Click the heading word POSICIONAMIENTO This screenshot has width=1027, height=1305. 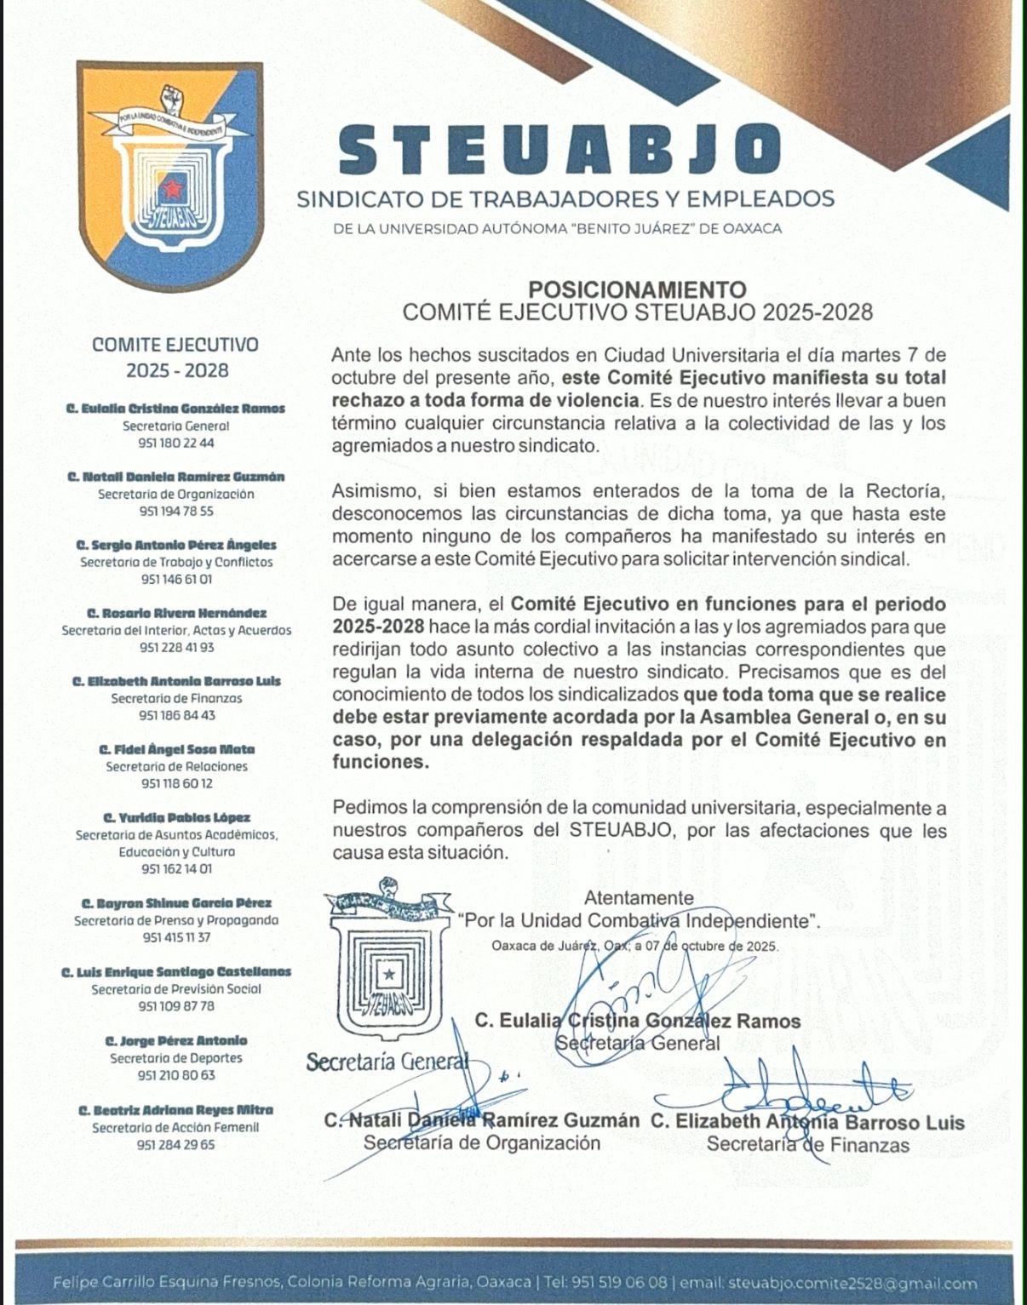(x=637, y=289)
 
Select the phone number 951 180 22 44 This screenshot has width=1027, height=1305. (x=176, y=444)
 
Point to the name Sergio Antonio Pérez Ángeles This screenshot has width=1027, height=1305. (x=176, y=545)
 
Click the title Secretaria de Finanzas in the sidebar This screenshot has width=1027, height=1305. (x=176, y=698)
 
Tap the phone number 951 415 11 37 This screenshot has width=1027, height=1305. (x=176, y=937)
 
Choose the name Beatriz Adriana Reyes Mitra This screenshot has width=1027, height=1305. (x=176, y=1110)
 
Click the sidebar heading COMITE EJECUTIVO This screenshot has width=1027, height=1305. (x=176, y=345)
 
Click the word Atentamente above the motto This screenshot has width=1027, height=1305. (x=639, y=897)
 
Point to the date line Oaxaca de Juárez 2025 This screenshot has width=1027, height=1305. (x=634, y=946)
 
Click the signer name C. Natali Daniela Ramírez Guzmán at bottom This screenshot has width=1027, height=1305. (x=482, y=1121)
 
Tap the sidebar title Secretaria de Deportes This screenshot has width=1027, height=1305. (x=176, y=1058)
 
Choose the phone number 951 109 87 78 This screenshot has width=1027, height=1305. (x=176, y=1006)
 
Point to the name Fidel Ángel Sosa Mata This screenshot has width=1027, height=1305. (x=176, y=749)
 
